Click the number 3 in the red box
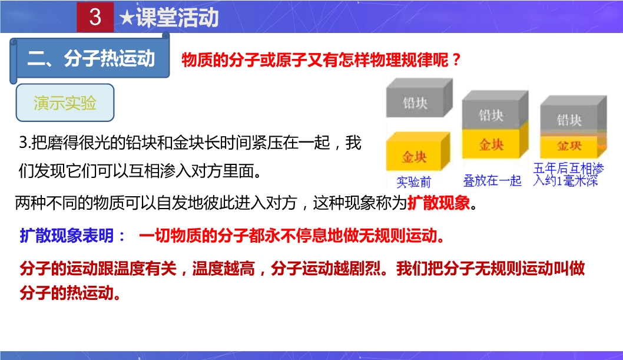click(95, 16)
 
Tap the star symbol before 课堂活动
click(127, 18)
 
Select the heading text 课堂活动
click(177, 18)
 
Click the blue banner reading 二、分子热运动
click(90, 59)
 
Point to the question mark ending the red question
click(456, 60)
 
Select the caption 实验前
click(413, 182)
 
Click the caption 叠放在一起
click(492, 181)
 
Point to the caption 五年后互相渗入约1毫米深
click(568, 174)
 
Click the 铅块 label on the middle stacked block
click(491, 115)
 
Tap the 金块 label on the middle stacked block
click(491, 144)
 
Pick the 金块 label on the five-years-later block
click(569, 146)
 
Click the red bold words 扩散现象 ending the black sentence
click(439, 203)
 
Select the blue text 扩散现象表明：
click(72, 236)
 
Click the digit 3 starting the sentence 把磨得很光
click(22, 143)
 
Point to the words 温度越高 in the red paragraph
click(223, 269)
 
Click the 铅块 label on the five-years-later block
click(569, 120)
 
